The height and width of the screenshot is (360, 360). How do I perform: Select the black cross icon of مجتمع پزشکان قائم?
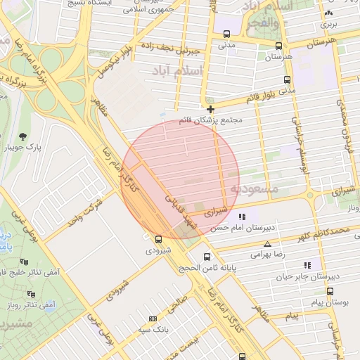pyautogui.click(x=210, y=109)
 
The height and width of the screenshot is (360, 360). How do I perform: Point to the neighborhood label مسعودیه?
pyautogui.click(x=254, y=189)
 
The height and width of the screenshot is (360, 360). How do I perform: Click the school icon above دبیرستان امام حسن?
pyautogui.click(x=242, y=217)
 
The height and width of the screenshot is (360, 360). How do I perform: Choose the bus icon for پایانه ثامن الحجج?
pyautogui.click(x=207, y=257)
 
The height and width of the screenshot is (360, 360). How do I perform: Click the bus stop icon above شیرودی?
pyautogui.click(x=158, y=239)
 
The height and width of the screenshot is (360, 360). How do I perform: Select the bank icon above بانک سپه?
pyautogui.click(x=153, y=319)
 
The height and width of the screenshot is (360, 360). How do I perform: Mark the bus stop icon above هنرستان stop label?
pyautogui.click(x=280, y=45)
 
